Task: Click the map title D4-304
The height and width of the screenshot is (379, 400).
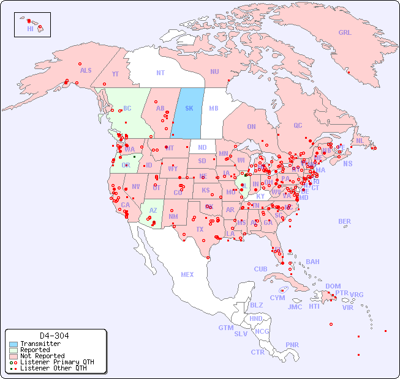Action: (x=54, y=336)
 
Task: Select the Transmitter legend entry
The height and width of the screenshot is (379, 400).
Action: (x=40, y=344)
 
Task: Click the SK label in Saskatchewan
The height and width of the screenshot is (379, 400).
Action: (x=189, y=108)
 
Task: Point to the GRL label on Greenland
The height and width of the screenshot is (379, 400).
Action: (x=345, y=33)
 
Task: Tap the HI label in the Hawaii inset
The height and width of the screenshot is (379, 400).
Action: (x=30, y=28)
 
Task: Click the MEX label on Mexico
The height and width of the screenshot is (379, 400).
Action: (x=187, y=274)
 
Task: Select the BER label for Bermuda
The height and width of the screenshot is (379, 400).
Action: (x=344, y=221)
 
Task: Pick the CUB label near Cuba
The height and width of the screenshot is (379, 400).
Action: (x=260, y=269)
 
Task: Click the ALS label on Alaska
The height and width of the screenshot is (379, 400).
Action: (x=86, y=71)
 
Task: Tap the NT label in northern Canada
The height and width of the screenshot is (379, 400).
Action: (x=160, y=73)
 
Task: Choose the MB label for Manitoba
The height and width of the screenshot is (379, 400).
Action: (x=213, y=108)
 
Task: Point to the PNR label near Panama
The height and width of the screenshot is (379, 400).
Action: (x=292, y=345)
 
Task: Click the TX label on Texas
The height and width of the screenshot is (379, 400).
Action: (x=199, y=230)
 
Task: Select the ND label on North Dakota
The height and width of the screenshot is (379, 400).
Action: (x=202, y=147)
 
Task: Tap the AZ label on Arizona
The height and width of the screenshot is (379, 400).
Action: (x=153, y=210)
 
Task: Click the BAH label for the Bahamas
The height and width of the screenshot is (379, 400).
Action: (x=312, y=262)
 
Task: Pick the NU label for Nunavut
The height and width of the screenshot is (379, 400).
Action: (x=214, y=72)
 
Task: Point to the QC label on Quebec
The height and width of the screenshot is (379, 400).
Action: (x=298, y=126)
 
